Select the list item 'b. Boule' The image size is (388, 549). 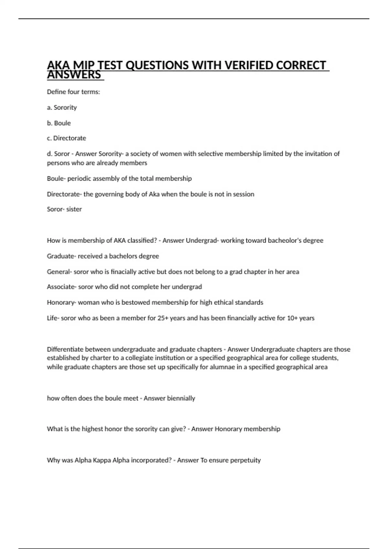click(59, 123)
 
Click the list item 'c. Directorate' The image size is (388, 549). click(67, 138)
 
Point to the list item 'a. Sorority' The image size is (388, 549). click(62, 108)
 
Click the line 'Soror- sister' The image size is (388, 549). click(64, 209)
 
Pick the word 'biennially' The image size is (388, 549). click(181, 398)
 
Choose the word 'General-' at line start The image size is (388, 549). click(59, 272)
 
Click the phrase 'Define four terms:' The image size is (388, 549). click(73, 92)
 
